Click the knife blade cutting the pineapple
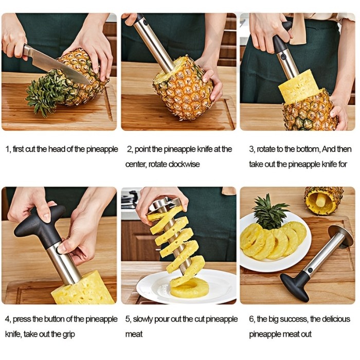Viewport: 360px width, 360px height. pyautogui.click(x=57, y=65)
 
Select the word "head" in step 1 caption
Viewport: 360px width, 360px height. pyautogui.click(x=57, y=149)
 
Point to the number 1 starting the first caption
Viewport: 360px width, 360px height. pyautogui.click(x=7, y=149)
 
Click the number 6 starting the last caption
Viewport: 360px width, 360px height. pyautogui.click(x=251, y=319)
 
